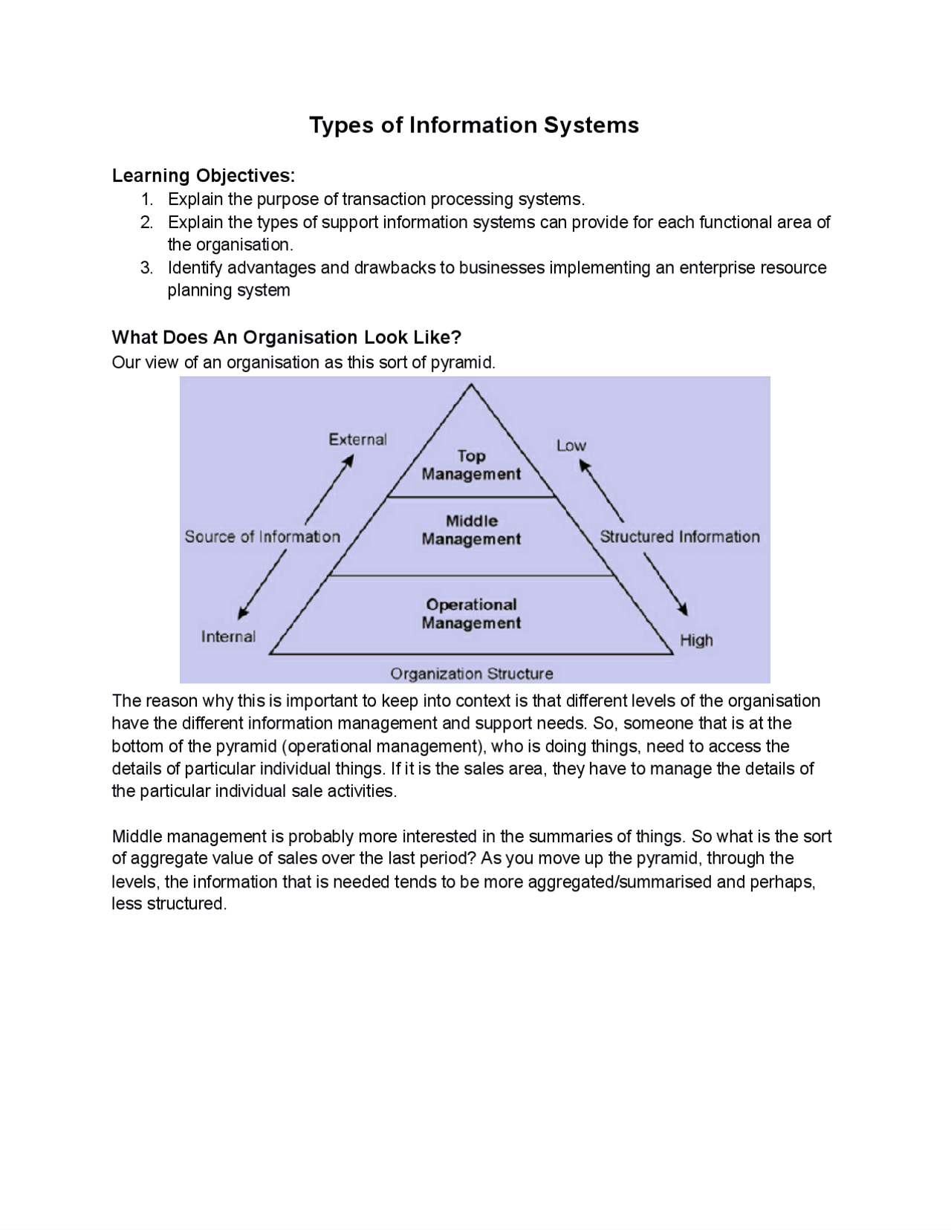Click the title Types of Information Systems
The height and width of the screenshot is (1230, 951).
(x=473, y=125)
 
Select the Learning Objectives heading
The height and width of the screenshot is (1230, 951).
(x=203, y=176)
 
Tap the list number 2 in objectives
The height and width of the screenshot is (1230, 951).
(x=146, y=222)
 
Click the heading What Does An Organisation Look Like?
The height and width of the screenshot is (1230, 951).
(x=286, y=337)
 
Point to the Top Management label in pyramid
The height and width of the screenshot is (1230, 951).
(x=471, y=465)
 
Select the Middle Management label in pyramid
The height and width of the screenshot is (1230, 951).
(x=471, y=530)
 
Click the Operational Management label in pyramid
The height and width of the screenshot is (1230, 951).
(x=471, y=614)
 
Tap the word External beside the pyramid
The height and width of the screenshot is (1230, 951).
(x=357, y=439)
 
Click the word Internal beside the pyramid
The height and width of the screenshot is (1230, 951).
(x=228, y=637)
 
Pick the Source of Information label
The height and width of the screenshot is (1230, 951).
(x=262, y=536)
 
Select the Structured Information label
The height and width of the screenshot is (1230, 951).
(x=679, y=536)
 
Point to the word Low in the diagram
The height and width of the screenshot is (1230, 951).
(x=571, y=446)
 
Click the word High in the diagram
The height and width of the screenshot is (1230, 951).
(x=696, y=640)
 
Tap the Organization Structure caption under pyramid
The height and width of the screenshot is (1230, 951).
(x=471, y=674)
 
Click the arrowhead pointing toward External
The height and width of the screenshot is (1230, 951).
(x=348, y=461)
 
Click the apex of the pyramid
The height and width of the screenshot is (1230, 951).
(x=470, y=385)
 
